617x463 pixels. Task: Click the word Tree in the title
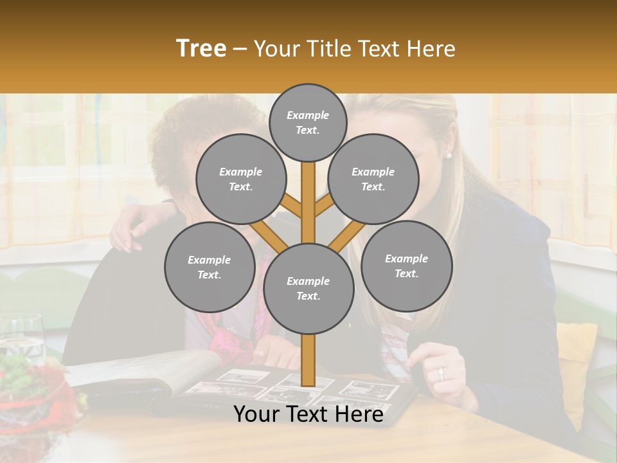201,48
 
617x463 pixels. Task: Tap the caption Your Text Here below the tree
308,414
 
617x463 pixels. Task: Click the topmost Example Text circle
308,122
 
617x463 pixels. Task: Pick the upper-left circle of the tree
241,179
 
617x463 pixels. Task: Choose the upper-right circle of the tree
373,179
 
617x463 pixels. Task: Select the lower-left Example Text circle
210,267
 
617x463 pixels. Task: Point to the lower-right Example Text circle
406,266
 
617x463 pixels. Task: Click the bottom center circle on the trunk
308,288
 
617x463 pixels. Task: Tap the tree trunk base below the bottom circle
308,360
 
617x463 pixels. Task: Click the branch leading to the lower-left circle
269,235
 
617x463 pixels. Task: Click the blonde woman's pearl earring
449,155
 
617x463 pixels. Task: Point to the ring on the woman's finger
440,372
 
